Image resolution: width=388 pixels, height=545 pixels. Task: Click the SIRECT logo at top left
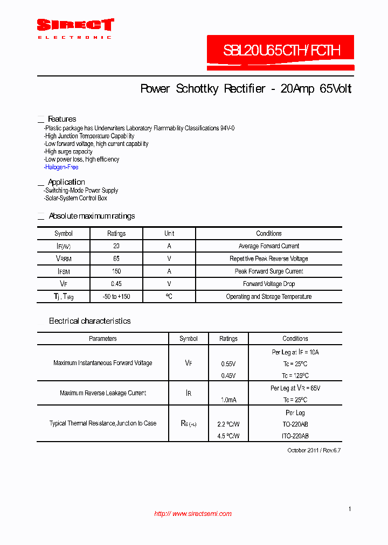coord(75,28)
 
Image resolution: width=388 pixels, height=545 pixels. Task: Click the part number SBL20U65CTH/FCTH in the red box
coord(281,51)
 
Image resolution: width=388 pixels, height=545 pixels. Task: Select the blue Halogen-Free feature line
coord(61,167)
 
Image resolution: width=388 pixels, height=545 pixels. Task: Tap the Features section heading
coord(62,119)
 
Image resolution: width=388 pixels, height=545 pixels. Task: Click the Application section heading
coord(66,182)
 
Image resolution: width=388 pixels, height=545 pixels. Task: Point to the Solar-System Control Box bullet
coord(76,198)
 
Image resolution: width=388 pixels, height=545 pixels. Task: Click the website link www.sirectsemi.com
coord(193,514)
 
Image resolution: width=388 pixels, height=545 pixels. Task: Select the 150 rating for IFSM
coord(116,271)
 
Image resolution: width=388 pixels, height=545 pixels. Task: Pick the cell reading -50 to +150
coord(116,297)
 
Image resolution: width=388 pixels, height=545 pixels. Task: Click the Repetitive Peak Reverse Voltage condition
coord(268,259)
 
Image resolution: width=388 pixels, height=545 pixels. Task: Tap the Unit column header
coord(169,234)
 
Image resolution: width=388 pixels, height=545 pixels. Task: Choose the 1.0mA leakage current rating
coord(228,400)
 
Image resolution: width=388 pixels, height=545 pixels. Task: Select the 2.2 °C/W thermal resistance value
coord(228,424)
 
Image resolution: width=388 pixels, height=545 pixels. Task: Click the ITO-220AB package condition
coord(295,436)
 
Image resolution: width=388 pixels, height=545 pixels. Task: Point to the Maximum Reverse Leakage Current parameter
coord(103,393)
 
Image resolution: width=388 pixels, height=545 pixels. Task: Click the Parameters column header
coord(103,339)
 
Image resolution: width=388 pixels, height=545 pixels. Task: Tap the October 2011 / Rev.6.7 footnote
coord(314,450)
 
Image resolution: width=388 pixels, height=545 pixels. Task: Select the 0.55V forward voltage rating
coord(228,364)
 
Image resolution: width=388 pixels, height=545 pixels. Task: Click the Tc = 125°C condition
coord(295,376)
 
